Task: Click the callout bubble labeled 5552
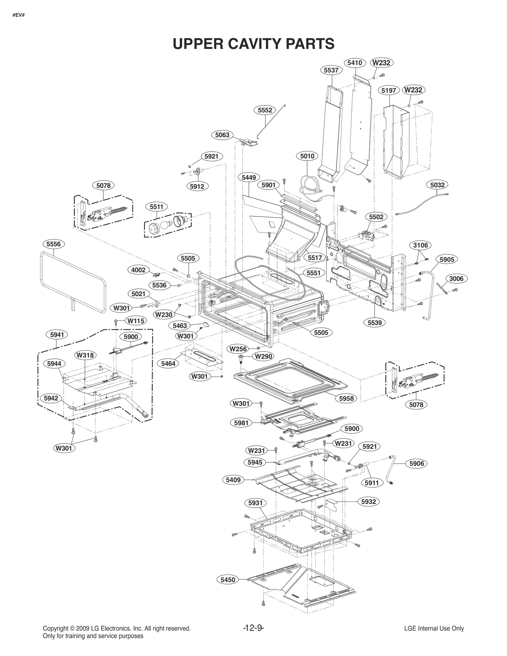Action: [x=265, y=110]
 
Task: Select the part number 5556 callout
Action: [x=53, y=244]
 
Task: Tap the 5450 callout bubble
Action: [x=228, y=580]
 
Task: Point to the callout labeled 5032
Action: [x=437, y=185]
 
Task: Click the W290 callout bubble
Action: [x=263, y=356]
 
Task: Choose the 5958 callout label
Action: [x=346, y=398]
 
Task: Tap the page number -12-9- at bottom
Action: [x=253, y=628]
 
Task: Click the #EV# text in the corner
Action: [x=18, y=15]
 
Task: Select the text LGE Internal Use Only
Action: [x=434, y=628]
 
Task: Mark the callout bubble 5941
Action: [x=57, y=334]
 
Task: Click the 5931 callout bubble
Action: [x=255, y=503]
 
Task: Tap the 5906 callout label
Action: [x=416, y=463]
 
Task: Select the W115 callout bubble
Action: [x=136, y=321]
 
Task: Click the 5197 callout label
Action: [x=388, y=91]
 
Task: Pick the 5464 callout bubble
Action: [x=168, y=364]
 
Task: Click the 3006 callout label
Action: [x=456, y=278]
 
